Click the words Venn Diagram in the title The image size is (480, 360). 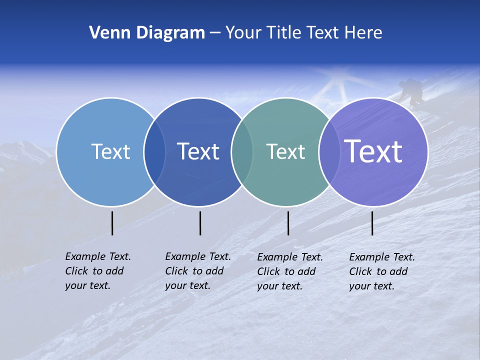coord(146,33)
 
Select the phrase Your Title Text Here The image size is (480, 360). coord(303,33)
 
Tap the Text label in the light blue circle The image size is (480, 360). coord(110,151)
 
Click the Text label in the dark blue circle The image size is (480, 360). coord(198,151)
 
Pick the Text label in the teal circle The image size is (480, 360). coord(285,151)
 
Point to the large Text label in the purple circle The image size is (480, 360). coord(373,151)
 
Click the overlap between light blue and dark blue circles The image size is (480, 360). coord(154,151)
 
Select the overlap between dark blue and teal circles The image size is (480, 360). coord(242,151)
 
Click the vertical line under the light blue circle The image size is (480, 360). coord(112,223)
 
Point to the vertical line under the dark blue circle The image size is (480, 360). coord(200,223)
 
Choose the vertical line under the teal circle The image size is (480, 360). coord(288,223)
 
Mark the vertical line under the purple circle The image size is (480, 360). coord(372,223)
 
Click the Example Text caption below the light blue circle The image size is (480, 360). coord(97,271)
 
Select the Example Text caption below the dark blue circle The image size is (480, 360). coord(197,271)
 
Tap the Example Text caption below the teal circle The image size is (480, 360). coord(289,271)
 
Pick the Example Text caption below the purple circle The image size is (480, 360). coord(381,271)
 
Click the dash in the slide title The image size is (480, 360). coord(215,33)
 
